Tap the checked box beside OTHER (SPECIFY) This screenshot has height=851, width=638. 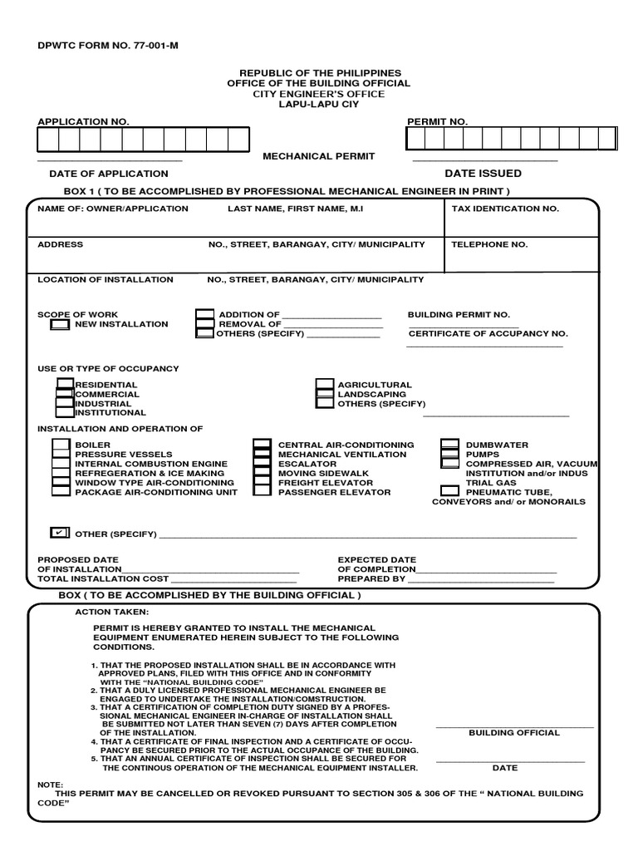pyautogui.click(x=60, y=532)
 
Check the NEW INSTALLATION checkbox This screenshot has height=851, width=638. pyautogui.click(x=60, y=325)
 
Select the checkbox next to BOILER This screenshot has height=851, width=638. pyautogui.click(x=61, y=445)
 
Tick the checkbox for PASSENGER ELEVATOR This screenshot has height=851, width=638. pyautogui.click(x=262, y=490)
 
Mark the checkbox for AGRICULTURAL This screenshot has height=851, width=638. pyautogui.click(x=325, y=385)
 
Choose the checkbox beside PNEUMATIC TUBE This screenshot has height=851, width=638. pyautogui.click(x=449, y=490)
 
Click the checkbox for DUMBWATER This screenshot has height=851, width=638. pyautogui.click(x=450, y=445)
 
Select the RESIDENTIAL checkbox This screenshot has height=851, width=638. pyautogui.click(x=65, y=384)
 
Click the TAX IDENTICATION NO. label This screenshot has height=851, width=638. pyautogui.click(x=505, y=209)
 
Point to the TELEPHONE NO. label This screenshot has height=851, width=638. pyautogui.click(x=489, y=244)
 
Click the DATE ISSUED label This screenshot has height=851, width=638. pyautogui.click(x=483, y=174)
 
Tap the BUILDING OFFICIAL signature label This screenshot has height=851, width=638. pyautogui.click(x=514, y=733)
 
